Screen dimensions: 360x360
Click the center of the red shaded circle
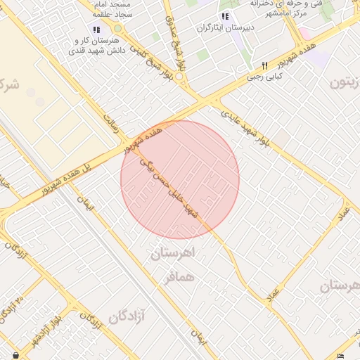(x=180, y=179)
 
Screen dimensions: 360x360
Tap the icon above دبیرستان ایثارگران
(x=224, y=16)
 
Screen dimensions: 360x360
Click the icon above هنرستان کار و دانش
(x=97, y=30)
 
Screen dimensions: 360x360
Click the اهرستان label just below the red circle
(x=176, y=253)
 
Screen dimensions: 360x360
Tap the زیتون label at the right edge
(x=348, y=82)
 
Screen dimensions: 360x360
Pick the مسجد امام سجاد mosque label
(x=118, y=8)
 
